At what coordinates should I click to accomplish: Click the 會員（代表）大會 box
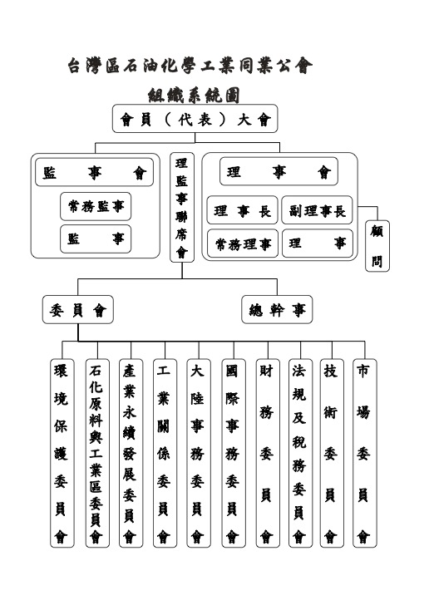coord(195,119)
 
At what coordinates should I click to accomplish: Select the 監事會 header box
coord(94,172)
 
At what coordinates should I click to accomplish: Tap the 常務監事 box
coord(96,206)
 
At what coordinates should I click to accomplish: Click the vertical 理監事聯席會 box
coord(182,207)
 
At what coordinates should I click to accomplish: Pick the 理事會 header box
coord(279,171)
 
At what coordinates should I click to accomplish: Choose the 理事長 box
coord(242,210)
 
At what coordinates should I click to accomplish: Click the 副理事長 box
coord(317,210)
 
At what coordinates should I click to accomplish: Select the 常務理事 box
coord(243,243)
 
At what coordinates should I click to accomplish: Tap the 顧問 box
coord(377,246)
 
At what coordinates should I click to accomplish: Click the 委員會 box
coord(78,309)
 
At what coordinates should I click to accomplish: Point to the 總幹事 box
coord(277,309)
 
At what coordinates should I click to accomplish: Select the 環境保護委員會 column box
coord(62,453)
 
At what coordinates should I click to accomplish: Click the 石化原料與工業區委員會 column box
coord(97,453)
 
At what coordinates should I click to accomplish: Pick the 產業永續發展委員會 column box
coord(131,453)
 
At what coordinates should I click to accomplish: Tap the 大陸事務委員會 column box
coord(199,453)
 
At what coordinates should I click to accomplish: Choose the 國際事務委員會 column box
coord(234,453)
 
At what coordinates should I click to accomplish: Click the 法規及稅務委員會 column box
coord(301,453)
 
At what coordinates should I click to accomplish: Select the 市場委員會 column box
coord(365,453)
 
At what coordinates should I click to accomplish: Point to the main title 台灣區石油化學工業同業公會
coord(190,66)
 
